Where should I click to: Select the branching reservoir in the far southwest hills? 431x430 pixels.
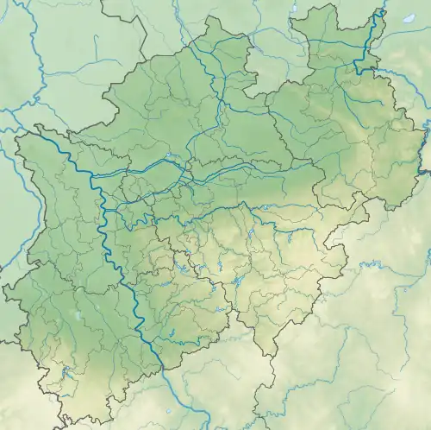coord(66,373)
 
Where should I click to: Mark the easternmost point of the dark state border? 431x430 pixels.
coord(428,173)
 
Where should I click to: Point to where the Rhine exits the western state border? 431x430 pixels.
coord(39,132)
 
